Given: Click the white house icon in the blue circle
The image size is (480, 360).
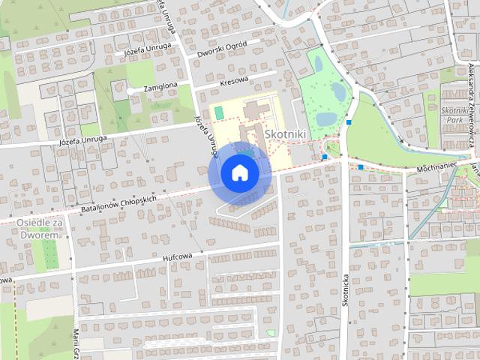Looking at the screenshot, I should [239, 172].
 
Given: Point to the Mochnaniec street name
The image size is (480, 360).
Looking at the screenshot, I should [437, 170].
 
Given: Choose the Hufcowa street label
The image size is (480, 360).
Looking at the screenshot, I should [178, 257].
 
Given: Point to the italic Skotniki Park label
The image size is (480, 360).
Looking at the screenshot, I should [452, 115].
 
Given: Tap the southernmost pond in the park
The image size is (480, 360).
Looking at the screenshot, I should [326, 119].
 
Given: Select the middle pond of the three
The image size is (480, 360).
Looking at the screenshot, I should [339, 92].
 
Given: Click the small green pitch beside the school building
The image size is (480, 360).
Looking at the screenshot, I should [219, 112].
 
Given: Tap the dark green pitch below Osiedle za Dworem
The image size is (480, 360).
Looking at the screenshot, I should [49, 254].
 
